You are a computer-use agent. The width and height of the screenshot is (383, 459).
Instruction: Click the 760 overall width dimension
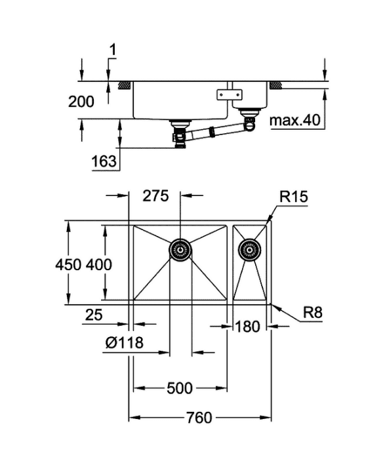pos(199,418)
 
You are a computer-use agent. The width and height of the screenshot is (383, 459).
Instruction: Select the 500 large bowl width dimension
pos(180,388)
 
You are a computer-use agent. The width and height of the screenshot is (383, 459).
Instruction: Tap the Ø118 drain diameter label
pos(125,342)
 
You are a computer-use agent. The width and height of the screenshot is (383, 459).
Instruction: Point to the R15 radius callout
pos(294,197)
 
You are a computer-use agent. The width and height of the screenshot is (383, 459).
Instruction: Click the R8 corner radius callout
pos(313,312)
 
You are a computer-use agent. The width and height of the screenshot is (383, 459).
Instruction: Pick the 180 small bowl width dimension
pos(247,327)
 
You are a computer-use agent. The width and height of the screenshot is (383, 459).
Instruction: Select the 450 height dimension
pos(68,265)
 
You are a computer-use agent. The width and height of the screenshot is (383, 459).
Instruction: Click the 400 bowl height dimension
pos(99,265)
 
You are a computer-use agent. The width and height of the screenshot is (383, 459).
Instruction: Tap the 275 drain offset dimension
pos(156,196)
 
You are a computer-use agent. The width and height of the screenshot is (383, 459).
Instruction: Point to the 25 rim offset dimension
pos(94,315)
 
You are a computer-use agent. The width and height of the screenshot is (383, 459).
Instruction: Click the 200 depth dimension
pos(81,102)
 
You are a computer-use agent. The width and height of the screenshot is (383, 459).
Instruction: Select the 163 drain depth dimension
pos(104,161)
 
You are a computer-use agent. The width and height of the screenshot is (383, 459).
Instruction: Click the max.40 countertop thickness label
pos(295,120)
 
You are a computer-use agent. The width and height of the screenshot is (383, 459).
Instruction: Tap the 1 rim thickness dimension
pos(113,50)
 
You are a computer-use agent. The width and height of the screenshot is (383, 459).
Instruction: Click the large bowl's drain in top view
pos(180,250)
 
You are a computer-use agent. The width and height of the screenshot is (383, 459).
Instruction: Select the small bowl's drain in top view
pos(249,250)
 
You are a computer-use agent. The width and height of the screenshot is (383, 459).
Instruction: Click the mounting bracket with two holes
pos(230,94)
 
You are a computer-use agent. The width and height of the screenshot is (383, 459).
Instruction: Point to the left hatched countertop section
pos(125,85)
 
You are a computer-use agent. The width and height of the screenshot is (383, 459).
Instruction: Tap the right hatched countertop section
pos(276,85)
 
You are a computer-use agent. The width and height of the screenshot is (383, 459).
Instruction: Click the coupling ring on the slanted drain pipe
pos(212,131)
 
